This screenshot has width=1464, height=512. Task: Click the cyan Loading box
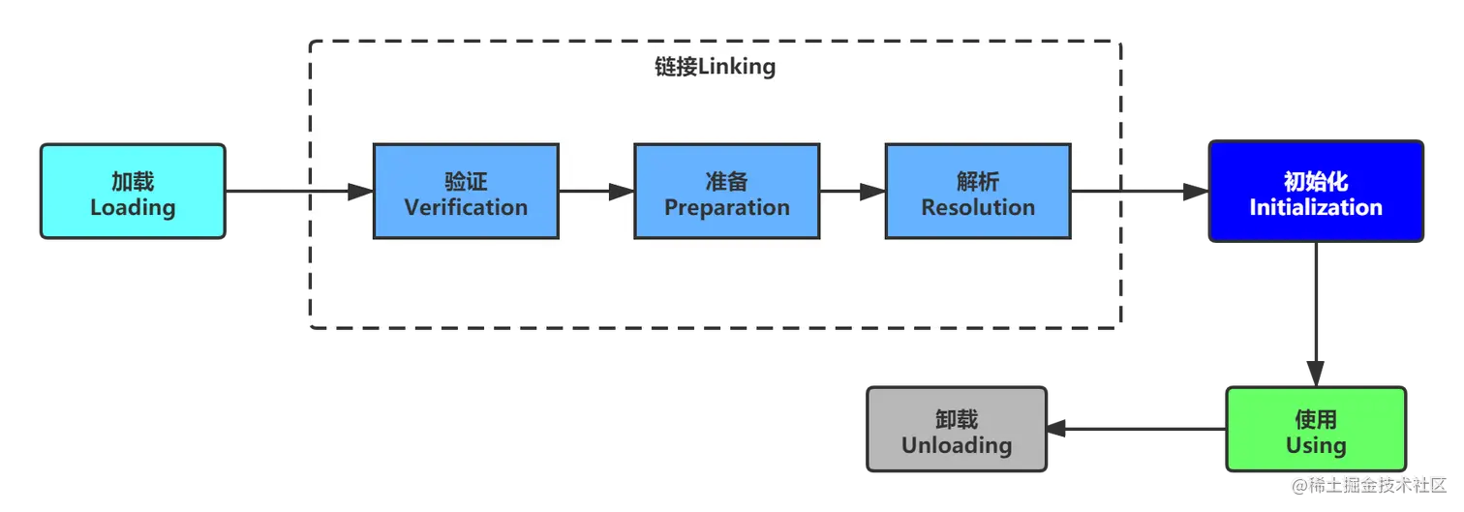[x=133, y=192]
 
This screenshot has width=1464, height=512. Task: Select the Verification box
[x=466, y=192]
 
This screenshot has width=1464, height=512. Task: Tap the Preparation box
[x=726, y=192]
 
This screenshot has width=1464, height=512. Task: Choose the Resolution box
[x=978, y=192]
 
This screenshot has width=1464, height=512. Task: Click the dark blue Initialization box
[x=1315, y=192]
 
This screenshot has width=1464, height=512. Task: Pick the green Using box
[x=1315, y=430]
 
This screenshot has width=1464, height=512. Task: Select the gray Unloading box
[x=957, y=430]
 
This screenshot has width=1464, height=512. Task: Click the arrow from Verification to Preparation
[x=596, y=192]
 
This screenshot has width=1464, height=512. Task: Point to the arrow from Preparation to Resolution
[x=852, y=192]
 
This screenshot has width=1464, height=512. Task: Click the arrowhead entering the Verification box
[x=360, y=192]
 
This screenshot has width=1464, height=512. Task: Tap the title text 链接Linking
[x=715, y=68]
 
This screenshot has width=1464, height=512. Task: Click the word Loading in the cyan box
[x=133, y=207]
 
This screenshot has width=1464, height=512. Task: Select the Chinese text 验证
[x=466, y=181]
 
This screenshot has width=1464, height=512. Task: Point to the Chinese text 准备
[x=726, y=181]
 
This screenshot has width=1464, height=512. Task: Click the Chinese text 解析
[x=978, y=181]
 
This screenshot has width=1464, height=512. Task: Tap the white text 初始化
[x=1315, y=181]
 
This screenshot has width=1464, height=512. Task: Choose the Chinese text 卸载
[x=957, y=419]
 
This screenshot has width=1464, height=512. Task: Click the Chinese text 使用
[x=1315, y=419]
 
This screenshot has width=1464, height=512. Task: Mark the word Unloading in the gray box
[x=957, y=445]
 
